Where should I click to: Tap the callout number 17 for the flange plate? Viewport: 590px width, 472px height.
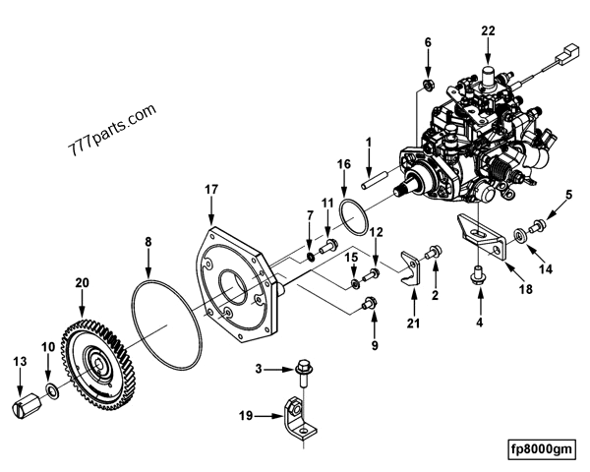point(212,188)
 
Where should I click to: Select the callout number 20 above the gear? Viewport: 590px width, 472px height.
point(82,282)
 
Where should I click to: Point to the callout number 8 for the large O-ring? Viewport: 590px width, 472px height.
point(148,240)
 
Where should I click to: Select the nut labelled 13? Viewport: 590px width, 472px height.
point(29,403)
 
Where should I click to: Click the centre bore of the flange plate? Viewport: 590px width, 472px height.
point(237,287)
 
